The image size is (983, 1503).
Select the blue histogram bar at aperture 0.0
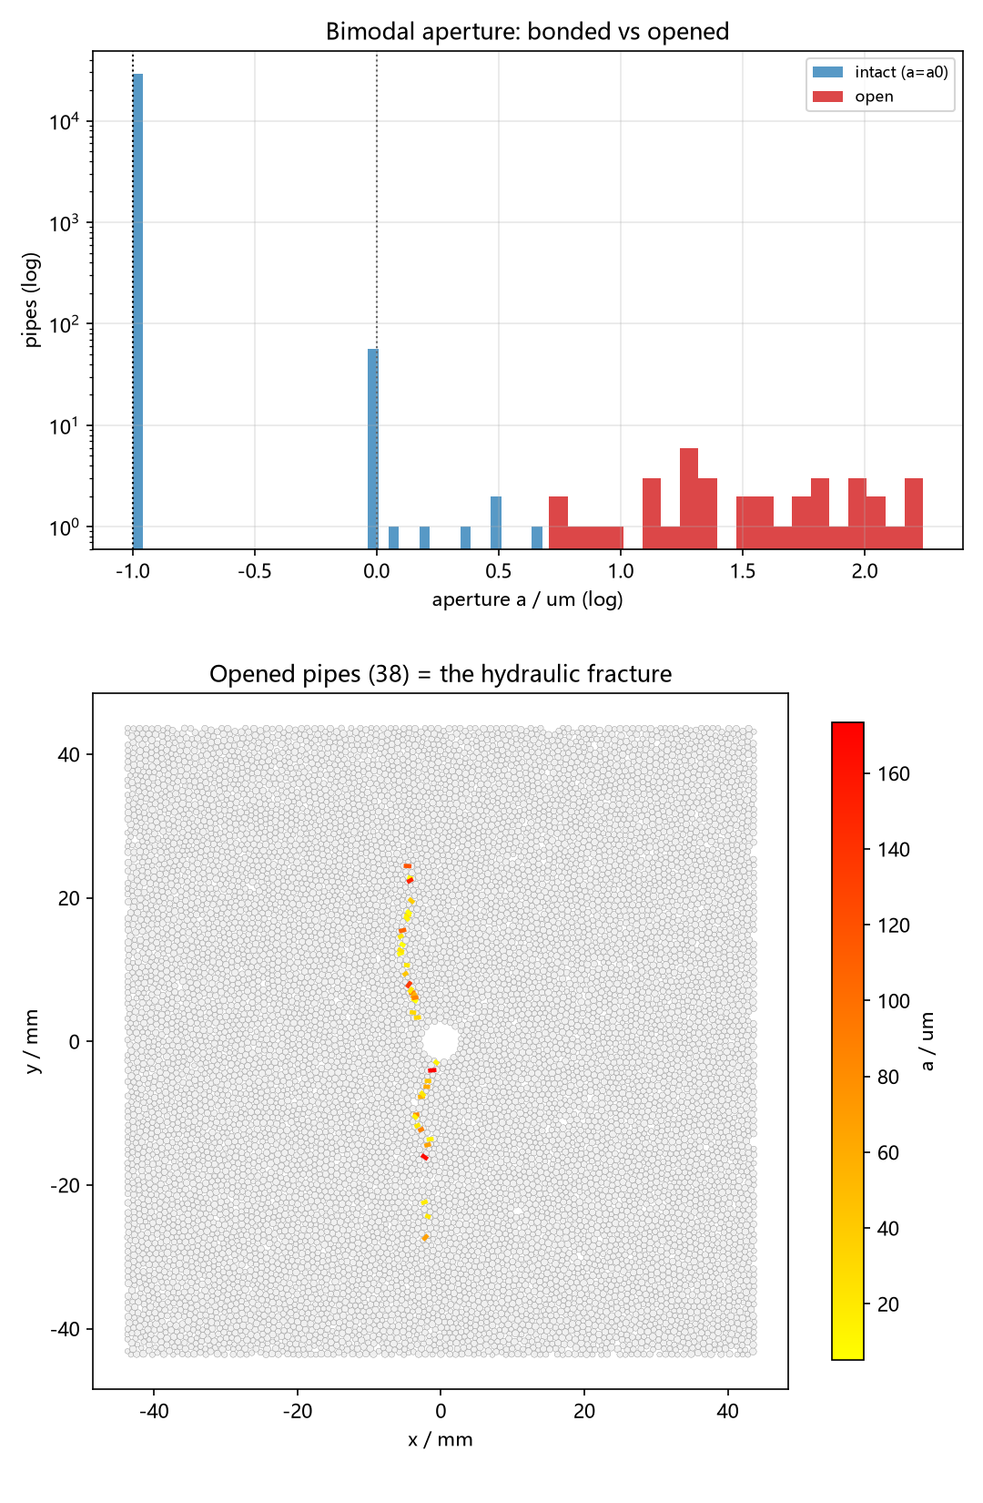(x=373, y=449)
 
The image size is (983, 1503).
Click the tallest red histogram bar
(x=689, y=498)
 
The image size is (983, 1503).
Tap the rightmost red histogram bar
(x=913, y=514)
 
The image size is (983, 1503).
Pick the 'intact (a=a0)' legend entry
(x=880, y=72)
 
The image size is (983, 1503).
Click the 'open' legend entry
(x=853, y=97)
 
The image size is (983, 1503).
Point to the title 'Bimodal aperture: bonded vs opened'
(x=527, y=32)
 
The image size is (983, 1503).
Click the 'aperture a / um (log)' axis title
(x=527, y=599)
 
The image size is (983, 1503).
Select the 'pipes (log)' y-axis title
(x=32, y=300)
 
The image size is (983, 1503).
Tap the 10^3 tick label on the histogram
(x=65, y=222)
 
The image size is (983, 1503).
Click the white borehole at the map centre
(x=441, y=1041)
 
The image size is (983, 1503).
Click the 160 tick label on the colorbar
(x=895, y=774)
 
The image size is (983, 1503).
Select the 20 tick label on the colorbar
(x=888, y=1304)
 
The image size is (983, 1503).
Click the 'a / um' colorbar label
(x=927, y=1041)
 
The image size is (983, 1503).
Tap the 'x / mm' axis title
(x=440, y=1439)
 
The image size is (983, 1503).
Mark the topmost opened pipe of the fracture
(x=407, y=866)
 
